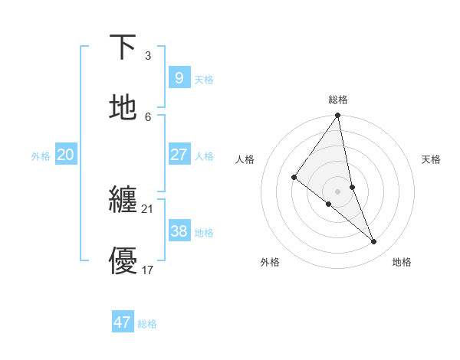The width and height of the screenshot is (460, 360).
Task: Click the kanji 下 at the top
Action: point(123,47)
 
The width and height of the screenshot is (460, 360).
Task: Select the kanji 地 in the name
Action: point(123,108)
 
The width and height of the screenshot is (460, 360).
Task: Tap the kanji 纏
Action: point(123,200)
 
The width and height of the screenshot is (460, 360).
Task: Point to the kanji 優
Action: point(123,260)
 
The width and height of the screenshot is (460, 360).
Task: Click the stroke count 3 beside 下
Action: point(148,56)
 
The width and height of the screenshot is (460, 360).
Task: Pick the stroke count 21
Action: point(148,208)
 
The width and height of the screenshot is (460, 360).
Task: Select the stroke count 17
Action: point(148,270)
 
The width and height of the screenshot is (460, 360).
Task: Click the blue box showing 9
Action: point(179,77)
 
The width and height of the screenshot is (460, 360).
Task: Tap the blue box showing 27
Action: point(179,155)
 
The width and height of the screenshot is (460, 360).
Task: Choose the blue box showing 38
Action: point(179,231)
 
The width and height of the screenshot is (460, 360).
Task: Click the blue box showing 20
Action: point(65,155)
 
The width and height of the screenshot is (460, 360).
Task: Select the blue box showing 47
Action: point(122,322)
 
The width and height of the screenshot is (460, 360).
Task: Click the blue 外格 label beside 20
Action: point(41,156)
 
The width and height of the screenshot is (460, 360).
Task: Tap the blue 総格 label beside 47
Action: point(147,324)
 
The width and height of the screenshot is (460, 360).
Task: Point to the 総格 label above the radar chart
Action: point(338,100)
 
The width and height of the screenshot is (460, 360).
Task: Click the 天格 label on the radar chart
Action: point(432,159)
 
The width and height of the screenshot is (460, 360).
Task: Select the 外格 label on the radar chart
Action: point(270,263)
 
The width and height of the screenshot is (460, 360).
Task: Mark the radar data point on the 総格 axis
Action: point(338,116)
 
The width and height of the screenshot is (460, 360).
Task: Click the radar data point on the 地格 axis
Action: point(374,241)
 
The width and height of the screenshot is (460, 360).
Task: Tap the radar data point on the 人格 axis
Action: point(294,177)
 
